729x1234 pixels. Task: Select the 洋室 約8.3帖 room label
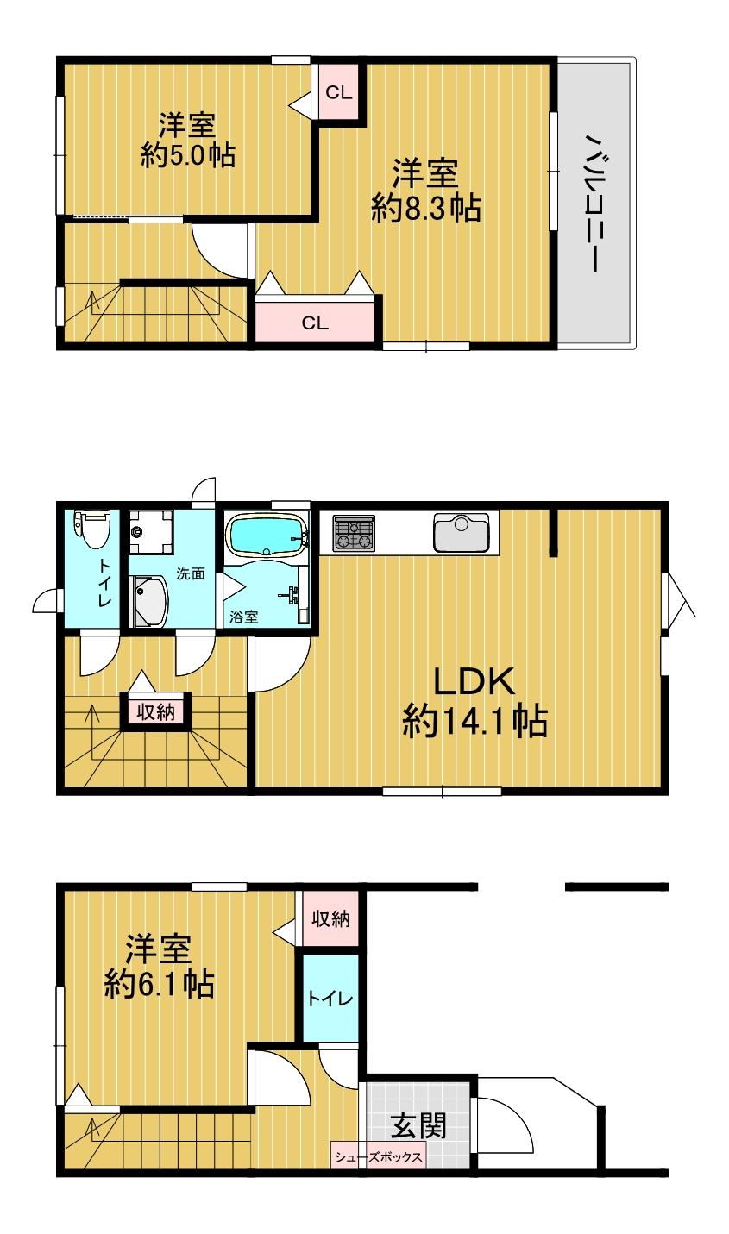(x=425, y=191)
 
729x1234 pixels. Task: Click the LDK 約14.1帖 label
(x=474, y=701)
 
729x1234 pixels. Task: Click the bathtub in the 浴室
(x=266, y=536)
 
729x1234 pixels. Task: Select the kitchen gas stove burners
(x=354, y=532)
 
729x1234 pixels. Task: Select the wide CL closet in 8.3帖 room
(x=315, y=323)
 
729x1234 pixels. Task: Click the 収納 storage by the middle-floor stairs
(x=155, y=711)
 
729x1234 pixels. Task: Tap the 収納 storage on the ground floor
(x=330, y=919)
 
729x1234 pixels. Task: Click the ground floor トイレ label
(x=330, y=999)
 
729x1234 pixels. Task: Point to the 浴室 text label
(x=243, y=617)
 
